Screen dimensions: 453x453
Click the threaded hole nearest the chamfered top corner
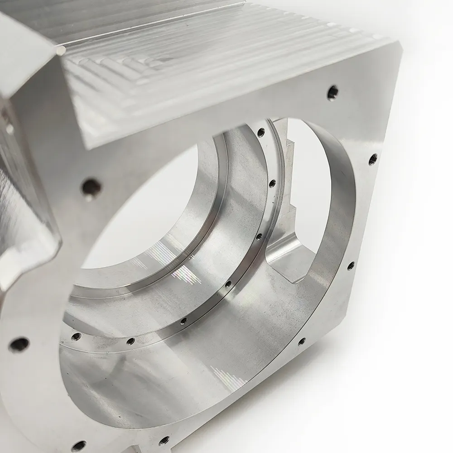point(333,92)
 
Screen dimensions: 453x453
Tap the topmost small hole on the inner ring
point(261,132)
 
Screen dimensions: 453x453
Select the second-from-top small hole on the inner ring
point(272,183)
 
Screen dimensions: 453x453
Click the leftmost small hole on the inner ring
point(76,336)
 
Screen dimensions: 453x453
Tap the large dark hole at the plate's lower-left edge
point(19,344)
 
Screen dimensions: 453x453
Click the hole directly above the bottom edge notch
point(164,439)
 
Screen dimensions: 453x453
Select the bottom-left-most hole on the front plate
point(78,446)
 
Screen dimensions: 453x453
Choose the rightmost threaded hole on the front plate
point(372,159)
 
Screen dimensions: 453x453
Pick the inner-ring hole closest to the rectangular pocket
point(259,236)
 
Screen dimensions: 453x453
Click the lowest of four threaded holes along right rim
point(301,341)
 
